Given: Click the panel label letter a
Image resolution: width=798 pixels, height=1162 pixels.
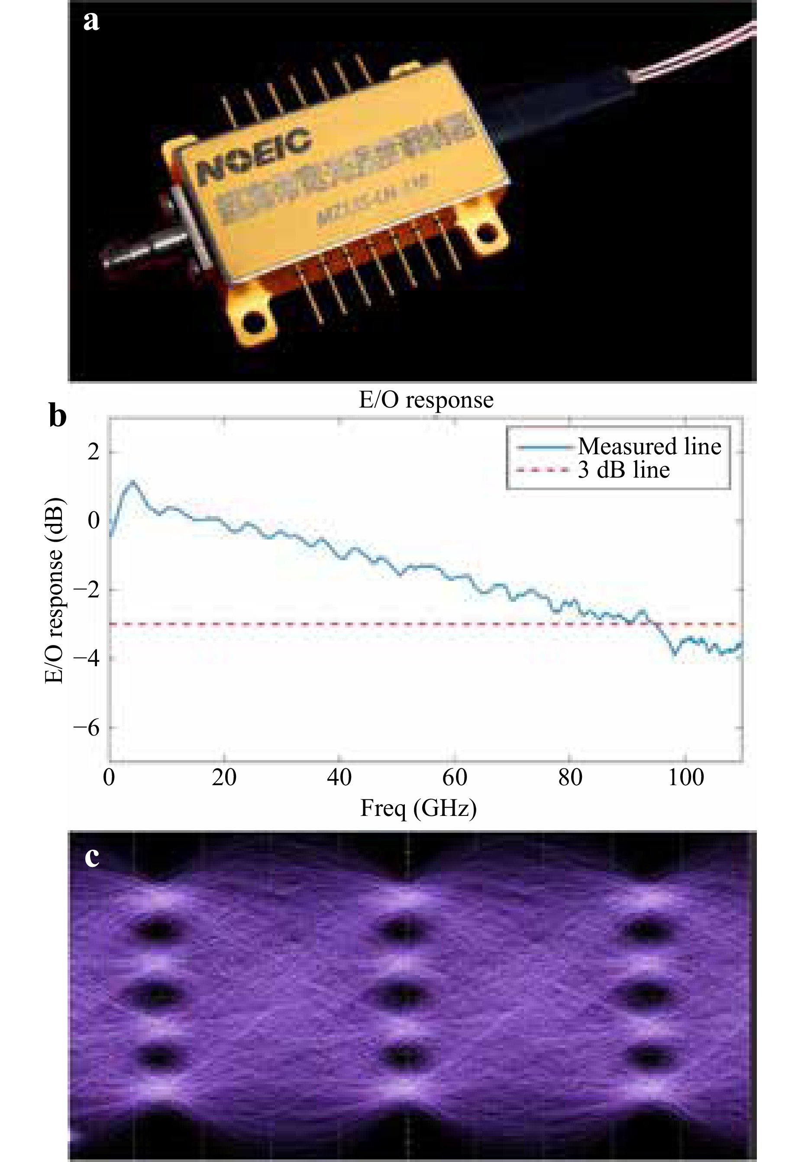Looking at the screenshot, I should tap(91, 22).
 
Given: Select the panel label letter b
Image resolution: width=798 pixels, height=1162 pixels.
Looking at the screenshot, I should tap(58, 415).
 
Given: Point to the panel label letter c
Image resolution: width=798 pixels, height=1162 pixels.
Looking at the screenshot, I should tap(91, 857).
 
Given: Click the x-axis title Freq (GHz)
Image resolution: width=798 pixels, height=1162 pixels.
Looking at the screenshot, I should tap(418, 809).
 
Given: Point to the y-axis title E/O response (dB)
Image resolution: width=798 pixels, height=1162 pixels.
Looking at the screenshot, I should tap(54, 591).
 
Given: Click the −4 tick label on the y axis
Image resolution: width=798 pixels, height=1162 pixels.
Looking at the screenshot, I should tap(86, 658).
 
